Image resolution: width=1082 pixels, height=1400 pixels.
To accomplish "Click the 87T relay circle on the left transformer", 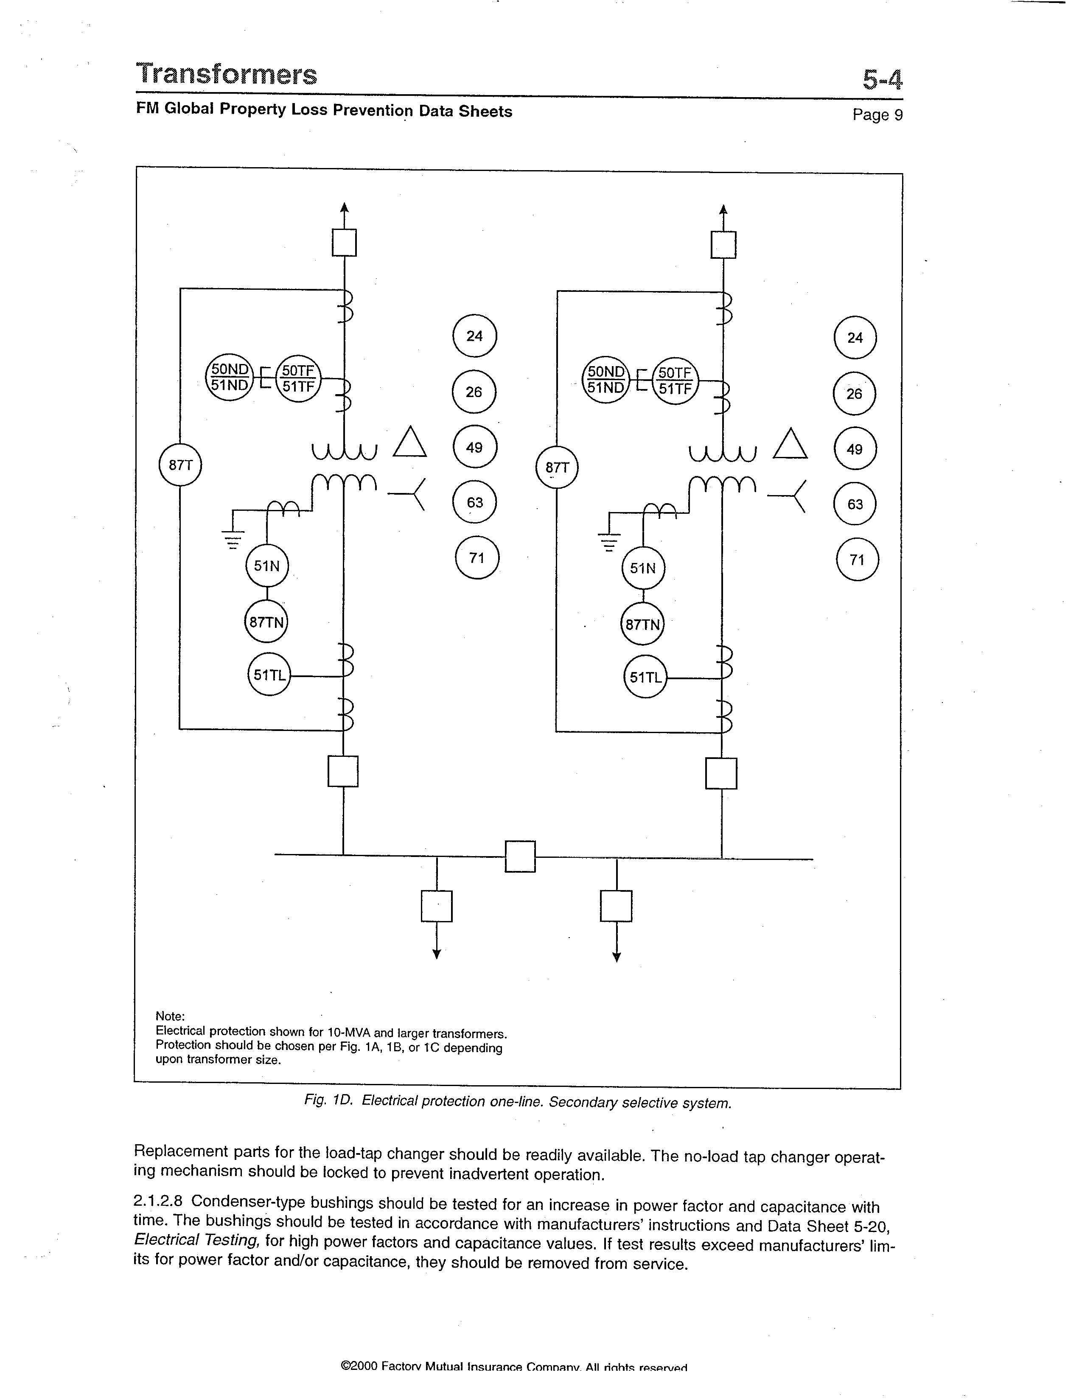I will (180, 465).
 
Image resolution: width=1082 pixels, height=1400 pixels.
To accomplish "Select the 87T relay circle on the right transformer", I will (556, 468).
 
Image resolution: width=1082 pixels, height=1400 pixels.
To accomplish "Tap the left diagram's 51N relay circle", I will (266, 566).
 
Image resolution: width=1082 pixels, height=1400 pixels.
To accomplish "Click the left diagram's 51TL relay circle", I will (269, 675).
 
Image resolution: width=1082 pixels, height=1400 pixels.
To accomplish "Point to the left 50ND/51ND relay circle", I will (229, 378).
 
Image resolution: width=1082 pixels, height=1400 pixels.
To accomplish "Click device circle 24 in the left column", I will (474, 336).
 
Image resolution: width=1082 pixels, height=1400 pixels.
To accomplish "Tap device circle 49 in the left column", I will (474, 448).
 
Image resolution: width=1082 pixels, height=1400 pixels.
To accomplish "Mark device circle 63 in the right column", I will (855, 504).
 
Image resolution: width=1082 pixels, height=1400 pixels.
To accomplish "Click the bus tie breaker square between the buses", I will (520, 857).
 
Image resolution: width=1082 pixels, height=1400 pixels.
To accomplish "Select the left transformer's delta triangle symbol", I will (409, 443).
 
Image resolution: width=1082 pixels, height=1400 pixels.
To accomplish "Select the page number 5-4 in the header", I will (882, 79).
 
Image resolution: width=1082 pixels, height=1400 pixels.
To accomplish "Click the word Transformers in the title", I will (226, 74).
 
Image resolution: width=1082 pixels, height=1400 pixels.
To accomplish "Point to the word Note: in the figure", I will (170, 1016).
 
